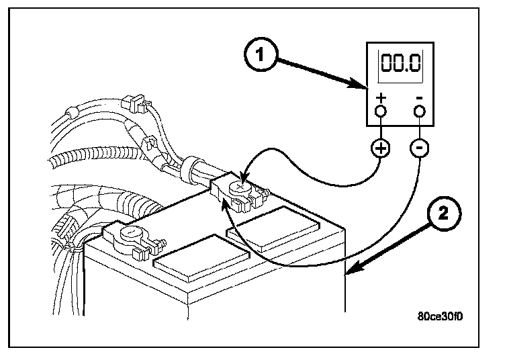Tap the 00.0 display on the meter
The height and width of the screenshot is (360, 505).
point(401,64)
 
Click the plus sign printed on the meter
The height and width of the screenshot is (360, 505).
point(381,97)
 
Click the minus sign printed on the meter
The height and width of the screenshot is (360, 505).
point(419,98)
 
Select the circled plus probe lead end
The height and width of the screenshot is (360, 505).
point(381,148)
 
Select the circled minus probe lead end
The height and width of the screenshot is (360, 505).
point(420,148)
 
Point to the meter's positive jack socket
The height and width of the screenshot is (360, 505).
point(381,110)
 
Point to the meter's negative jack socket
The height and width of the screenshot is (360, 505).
point(420,110)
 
